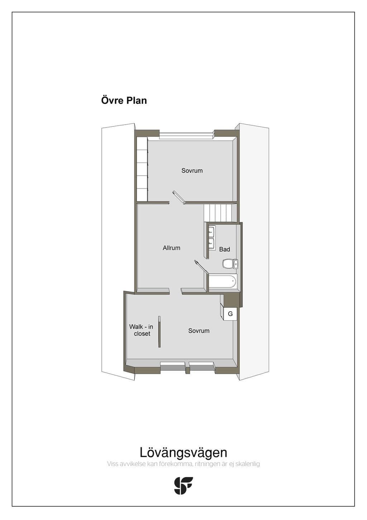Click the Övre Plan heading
click(124, 101)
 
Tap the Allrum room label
click(171, 248)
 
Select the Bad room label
click(224, 249)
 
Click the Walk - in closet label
click(141, 330)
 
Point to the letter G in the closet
click(230, 314)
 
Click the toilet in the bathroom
click(230, 264)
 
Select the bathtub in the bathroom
click(223, 281)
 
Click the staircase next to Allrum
click(218, 213)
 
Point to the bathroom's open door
click(201, 268)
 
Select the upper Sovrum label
click(192, 171)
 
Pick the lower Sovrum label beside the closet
click(199, 331)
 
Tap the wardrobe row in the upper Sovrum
click(142, 169)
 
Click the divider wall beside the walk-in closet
click(159, 332)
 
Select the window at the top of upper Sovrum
click(186, 135)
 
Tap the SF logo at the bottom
click(183, 486)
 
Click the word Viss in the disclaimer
click(112, 464)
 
